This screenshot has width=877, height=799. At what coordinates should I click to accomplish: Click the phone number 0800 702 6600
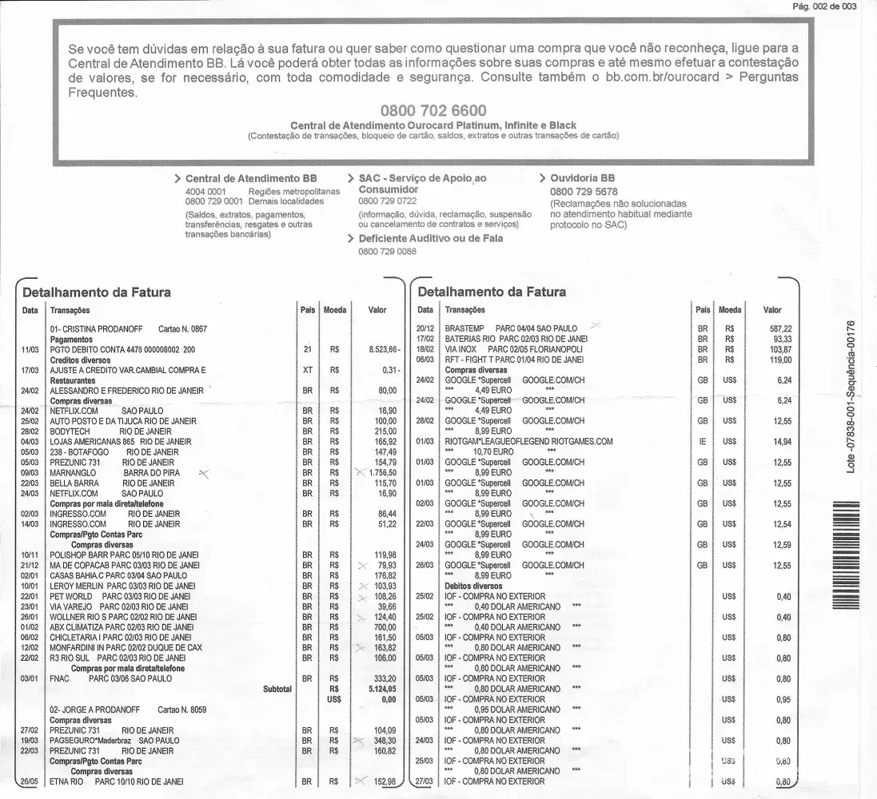pos(433,110)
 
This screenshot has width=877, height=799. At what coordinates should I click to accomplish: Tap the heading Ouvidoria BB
pos(582,178)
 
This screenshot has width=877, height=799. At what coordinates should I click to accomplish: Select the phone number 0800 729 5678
pos(584,192)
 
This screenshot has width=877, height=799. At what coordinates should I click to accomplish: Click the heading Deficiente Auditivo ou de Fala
pos(430,238)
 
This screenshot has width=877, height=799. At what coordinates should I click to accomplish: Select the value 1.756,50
pos(380,473)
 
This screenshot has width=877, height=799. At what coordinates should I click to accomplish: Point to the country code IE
pos(703,442)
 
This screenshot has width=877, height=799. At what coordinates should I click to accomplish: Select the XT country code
pos(308,371)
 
